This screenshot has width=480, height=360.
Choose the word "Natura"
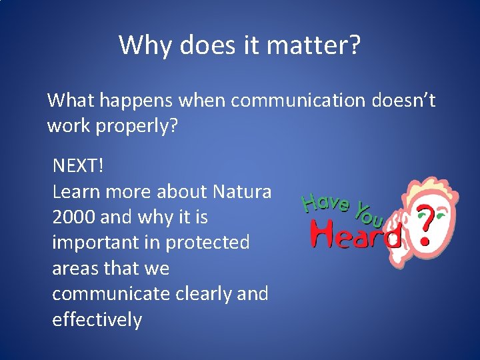[x=242, y=192]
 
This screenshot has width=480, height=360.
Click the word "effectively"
[x=97, y=320]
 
